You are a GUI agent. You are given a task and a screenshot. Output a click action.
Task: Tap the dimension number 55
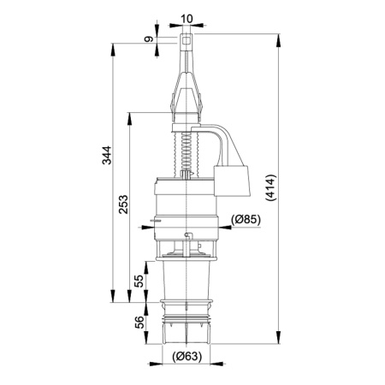137,281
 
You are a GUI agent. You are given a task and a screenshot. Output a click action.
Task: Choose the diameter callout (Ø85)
246,219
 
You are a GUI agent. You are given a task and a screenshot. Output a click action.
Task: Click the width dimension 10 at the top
187,16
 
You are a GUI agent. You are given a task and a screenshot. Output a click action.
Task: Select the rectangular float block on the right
232,183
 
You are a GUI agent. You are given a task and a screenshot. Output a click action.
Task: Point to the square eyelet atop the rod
187,38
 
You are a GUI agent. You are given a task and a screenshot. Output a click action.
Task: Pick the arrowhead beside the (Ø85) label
223,219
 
